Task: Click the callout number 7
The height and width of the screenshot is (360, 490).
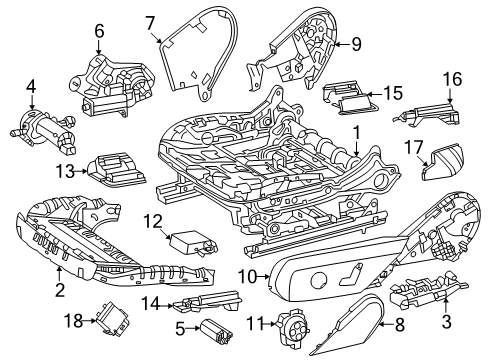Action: pyautogui.click(x=150, y=24)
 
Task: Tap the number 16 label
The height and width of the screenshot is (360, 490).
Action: pyautogui.click(x=452, y=79)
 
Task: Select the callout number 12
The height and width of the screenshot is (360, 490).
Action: pyautogui.click(x=153, y=222)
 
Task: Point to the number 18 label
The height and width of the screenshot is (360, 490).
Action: pyautogui.click(x=73, y=321)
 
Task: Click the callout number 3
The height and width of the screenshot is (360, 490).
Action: pyautogui.click(x=446, y=321)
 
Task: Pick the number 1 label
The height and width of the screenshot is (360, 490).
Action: pyautogui.click(x=356, y=133)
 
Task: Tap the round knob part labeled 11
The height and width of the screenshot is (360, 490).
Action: pyautogui.click(x=293, y=326)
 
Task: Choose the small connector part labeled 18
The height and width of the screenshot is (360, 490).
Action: pyautogui.click(x=113, y=319)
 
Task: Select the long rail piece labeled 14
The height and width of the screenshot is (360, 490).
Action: pyautogui.click(x=207, y=301)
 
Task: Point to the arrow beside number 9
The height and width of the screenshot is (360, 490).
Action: pyautogui.click(x=341, y=44)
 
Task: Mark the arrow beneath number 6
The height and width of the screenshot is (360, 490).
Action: pyautogui.click(x=99, y=46)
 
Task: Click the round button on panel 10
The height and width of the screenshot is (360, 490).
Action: pyautogui.click(x=319, y=281)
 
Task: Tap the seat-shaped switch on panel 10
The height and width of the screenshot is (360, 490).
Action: pyautogui.click(x=351, y=274)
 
